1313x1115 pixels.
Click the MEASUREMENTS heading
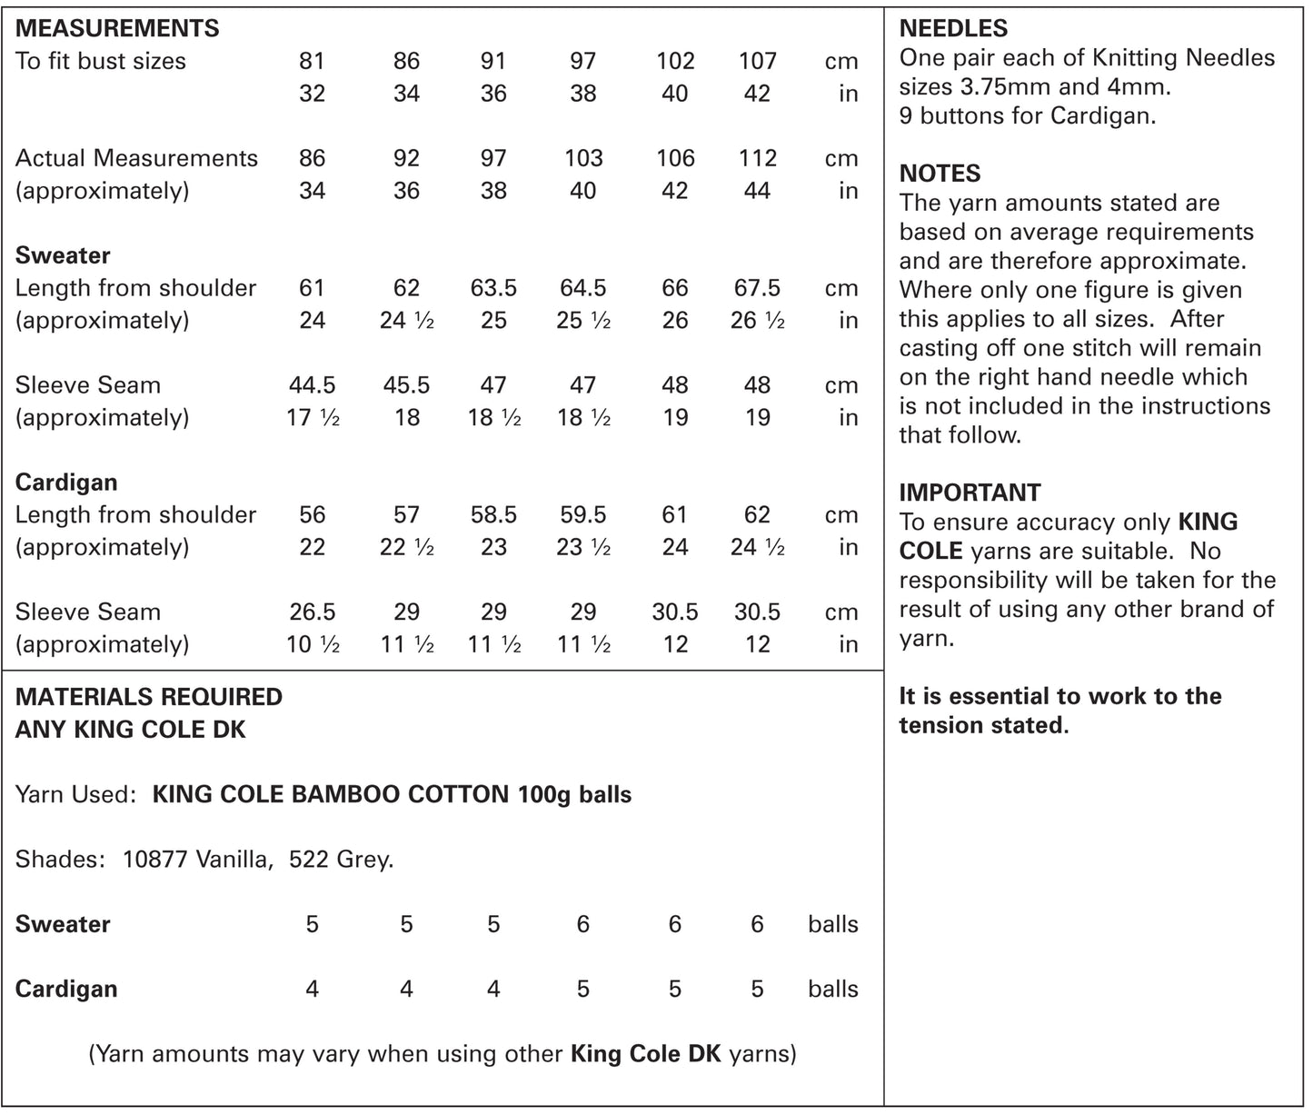click(x=117, y=28)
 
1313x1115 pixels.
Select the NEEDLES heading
click(x=953, y=28)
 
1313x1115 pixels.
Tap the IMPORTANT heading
click(x=970, y=493)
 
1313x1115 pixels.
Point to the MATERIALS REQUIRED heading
click(x=149, y=697)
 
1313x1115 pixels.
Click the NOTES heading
click(x=940, y=174)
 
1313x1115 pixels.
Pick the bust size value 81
click(x=312, y=61)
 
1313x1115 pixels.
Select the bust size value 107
click(x=757, y=61)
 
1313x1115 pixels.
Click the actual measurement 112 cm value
click(x=757, y=158)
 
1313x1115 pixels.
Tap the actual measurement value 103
click(x=582, y=158)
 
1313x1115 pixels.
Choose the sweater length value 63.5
click(x=493, y=288)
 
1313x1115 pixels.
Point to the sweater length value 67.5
click(x=757, y=288)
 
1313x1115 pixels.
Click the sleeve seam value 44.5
click(x=312, y=385)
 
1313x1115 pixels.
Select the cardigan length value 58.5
click(x=493, y=515)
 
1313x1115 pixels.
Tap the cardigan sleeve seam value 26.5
click(x=312, y=612)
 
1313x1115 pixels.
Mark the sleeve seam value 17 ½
click(x=313, y=418)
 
